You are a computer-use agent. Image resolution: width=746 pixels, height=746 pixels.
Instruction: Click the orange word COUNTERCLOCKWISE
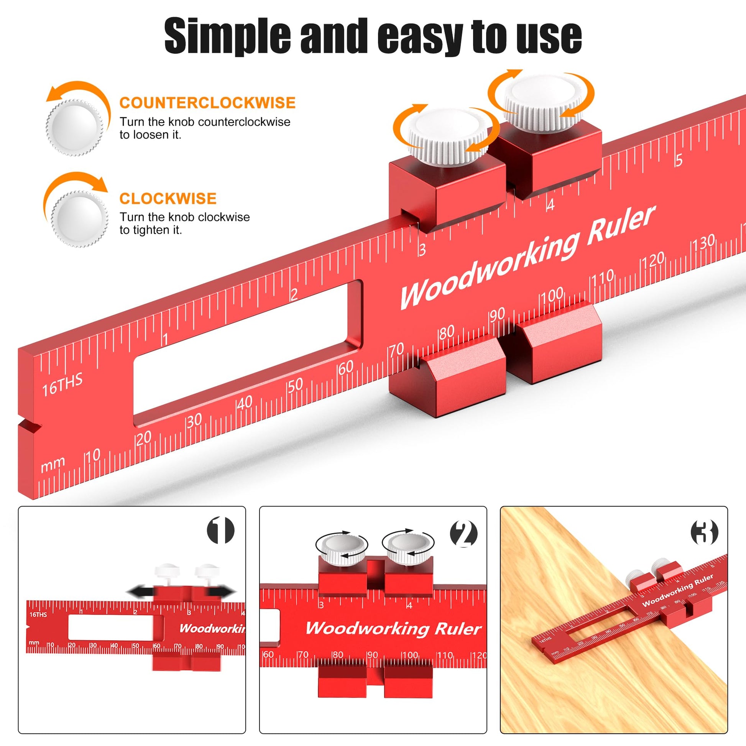pyautogui.click(x=207, y=103)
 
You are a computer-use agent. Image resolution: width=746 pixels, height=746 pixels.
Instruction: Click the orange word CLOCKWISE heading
pyautogui.click(x=168, y=199)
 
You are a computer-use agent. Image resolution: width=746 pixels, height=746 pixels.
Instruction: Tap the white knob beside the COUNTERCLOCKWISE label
pyautogui.click(x=74, y=127)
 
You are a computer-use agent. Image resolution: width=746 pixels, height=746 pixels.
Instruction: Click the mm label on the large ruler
pyautogui.click(x=53, y=465)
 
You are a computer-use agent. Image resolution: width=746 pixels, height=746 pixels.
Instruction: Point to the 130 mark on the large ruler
pyautogui.click(x=704, y=243)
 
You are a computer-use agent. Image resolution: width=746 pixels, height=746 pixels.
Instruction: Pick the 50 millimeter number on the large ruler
pyautogui.click(x=296, y=385)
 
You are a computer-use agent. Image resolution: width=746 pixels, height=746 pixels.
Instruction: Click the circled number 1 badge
pyautogui.click(x=221, y=531)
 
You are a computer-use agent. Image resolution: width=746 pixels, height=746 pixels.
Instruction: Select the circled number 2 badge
pyautogui.click(x=464, y=534)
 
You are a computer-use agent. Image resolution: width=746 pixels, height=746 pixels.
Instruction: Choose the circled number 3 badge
pyautogui.click(x=704, y=532)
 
